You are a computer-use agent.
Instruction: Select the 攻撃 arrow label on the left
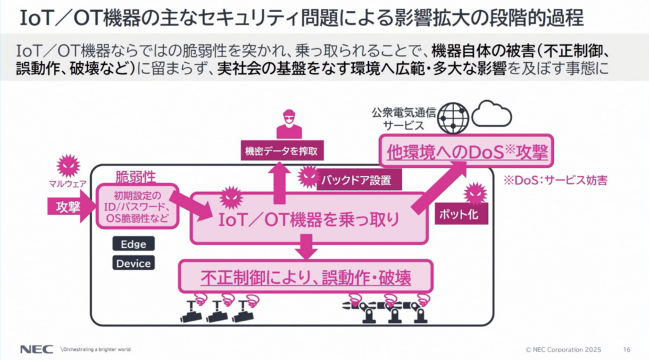65,208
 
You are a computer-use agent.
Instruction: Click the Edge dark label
133,244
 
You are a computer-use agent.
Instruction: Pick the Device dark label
133,263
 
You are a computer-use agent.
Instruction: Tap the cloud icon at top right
492,115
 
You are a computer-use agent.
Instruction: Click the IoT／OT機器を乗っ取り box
309,219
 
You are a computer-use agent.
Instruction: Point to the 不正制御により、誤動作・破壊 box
307,277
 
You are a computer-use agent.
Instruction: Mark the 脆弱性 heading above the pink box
135,176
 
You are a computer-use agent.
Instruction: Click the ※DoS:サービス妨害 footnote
555,181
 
